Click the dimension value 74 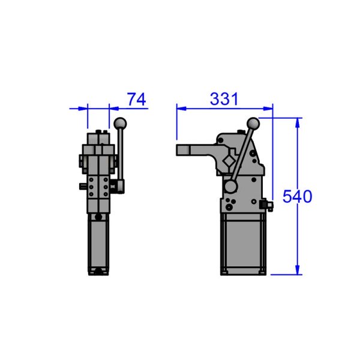point(137,99)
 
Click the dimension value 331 point(224,99)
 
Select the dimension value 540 point(298,196)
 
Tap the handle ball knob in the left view point(121,124)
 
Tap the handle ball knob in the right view point(253,124)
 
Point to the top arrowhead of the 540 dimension point(298,121)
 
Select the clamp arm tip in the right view point(180,149)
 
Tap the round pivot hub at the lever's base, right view point(231,187)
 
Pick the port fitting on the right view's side point(269,207)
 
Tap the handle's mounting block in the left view point(119,187)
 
